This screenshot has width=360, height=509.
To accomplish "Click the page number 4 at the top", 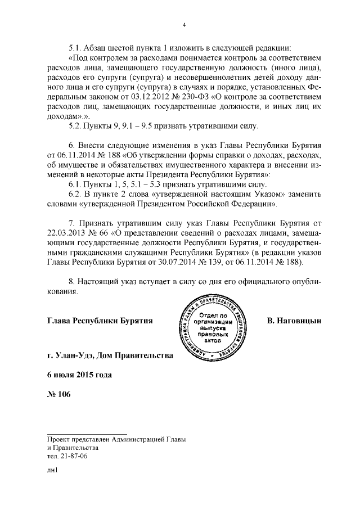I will point(184,24).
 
